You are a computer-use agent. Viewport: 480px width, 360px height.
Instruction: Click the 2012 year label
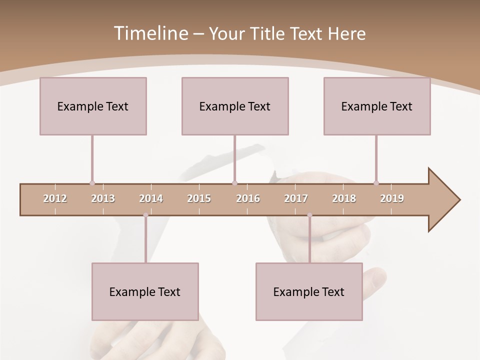55,198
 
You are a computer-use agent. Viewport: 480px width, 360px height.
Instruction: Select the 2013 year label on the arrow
103,198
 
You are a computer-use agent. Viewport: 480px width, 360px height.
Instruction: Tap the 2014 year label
151,198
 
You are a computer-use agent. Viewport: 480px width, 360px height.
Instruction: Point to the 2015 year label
199,198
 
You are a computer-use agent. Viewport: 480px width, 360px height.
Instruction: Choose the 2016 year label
248,198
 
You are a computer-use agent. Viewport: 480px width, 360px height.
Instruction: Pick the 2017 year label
296,198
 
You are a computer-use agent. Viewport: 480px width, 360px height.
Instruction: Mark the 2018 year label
344,198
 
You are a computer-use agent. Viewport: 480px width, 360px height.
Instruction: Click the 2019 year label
392,198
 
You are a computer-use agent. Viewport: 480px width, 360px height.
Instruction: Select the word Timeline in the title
150,33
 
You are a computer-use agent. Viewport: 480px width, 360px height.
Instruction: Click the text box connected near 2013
93,106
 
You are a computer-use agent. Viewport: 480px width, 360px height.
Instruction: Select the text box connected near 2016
235,106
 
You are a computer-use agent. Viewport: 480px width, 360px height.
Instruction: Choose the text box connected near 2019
377,106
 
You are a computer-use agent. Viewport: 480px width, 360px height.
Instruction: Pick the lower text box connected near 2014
145,291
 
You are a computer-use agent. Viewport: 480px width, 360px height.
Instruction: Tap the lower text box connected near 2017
309,291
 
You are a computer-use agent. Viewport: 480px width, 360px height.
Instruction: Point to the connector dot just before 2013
92,183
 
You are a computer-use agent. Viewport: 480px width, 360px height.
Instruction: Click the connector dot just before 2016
235,183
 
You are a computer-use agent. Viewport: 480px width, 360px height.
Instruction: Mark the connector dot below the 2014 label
145,215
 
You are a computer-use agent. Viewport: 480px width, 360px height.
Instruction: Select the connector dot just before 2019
376,183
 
